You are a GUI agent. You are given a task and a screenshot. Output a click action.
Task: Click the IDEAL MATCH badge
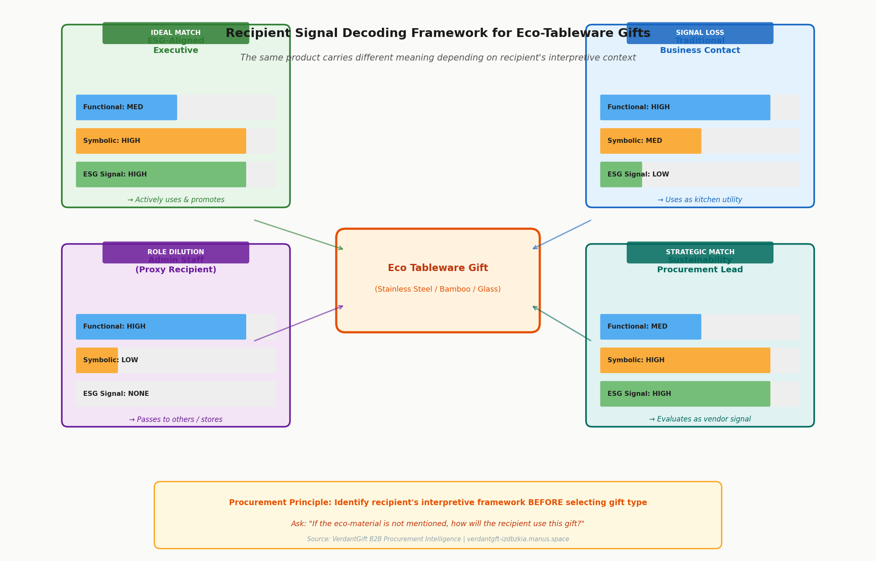coord(176,33)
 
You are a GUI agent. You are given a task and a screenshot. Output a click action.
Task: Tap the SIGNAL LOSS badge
coord(700,33)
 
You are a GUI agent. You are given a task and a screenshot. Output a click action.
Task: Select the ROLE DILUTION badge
coord(176,252)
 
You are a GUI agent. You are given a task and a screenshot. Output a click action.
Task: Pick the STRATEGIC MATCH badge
coord(700,252)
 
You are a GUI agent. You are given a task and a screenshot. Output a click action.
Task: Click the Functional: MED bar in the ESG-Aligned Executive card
coord(126,108)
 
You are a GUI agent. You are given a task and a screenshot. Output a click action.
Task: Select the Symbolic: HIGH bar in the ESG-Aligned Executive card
coord(161,141)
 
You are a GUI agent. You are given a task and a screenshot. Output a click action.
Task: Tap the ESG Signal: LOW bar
coord(621,175)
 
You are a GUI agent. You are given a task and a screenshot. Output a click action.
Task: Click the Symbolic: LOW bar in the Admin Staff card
coord(97,361)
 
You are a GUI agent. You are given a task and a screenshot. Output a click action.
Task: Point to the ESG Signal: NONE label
coord(116,394)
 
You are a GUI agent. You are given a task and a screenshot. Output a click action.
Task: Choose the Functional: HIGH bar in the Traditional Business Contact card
coord(685,108)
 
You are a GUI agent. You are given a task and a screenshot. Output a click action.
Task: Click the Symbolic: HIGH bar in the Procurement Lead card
coord(685,361)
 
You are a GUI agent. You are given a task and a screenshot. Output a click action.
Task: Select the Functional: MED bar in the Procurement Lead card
coord(650,327)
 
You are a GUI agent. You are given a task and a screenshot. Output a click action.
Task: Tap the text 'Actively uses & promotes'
coord(176,200)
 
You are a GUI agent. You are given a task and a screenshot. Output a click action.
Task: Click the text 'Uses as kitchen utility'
coord(700,200)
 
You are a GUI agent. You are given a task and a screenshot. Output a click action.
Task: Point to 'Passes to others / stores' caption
coord(176,419)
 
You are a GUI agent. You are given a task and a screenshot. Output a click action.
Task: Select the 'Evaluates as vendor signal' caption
coord(700,419)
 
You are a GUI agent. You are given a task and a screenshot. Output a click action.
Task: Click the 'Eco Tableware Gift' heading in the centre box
coord(438,268)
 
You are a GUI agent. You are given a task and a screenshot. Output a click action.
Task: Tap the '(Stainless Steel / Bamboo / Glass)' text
coord(438,290)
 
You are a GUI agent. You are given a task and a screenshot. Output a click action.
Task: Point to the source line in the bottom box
coord(438,539)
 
